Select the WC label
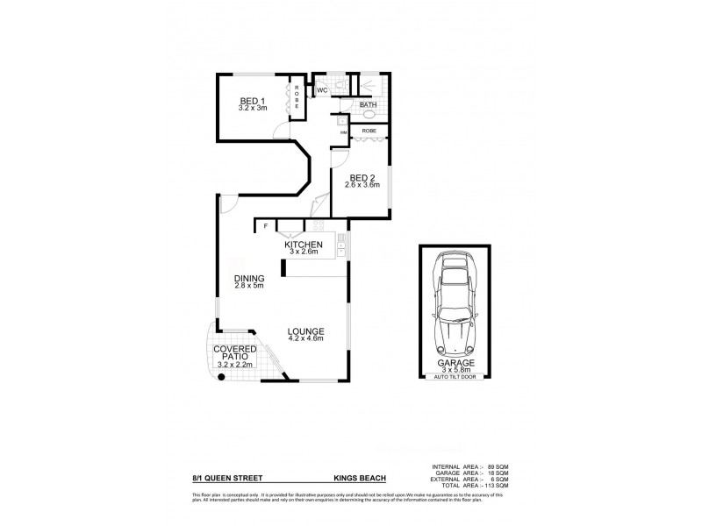click(321, 90)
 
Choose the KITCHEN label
click(304, 245)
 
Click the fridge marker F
click(265, 226)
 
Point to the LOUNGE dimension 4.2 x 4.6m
click(306, 339)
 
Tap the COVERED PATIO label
click(234, 353)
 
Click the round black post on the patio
click(221, 377)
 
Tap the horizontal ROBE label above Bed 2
click(369, 130)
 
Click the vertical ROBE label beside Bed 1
click(297, 96)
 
